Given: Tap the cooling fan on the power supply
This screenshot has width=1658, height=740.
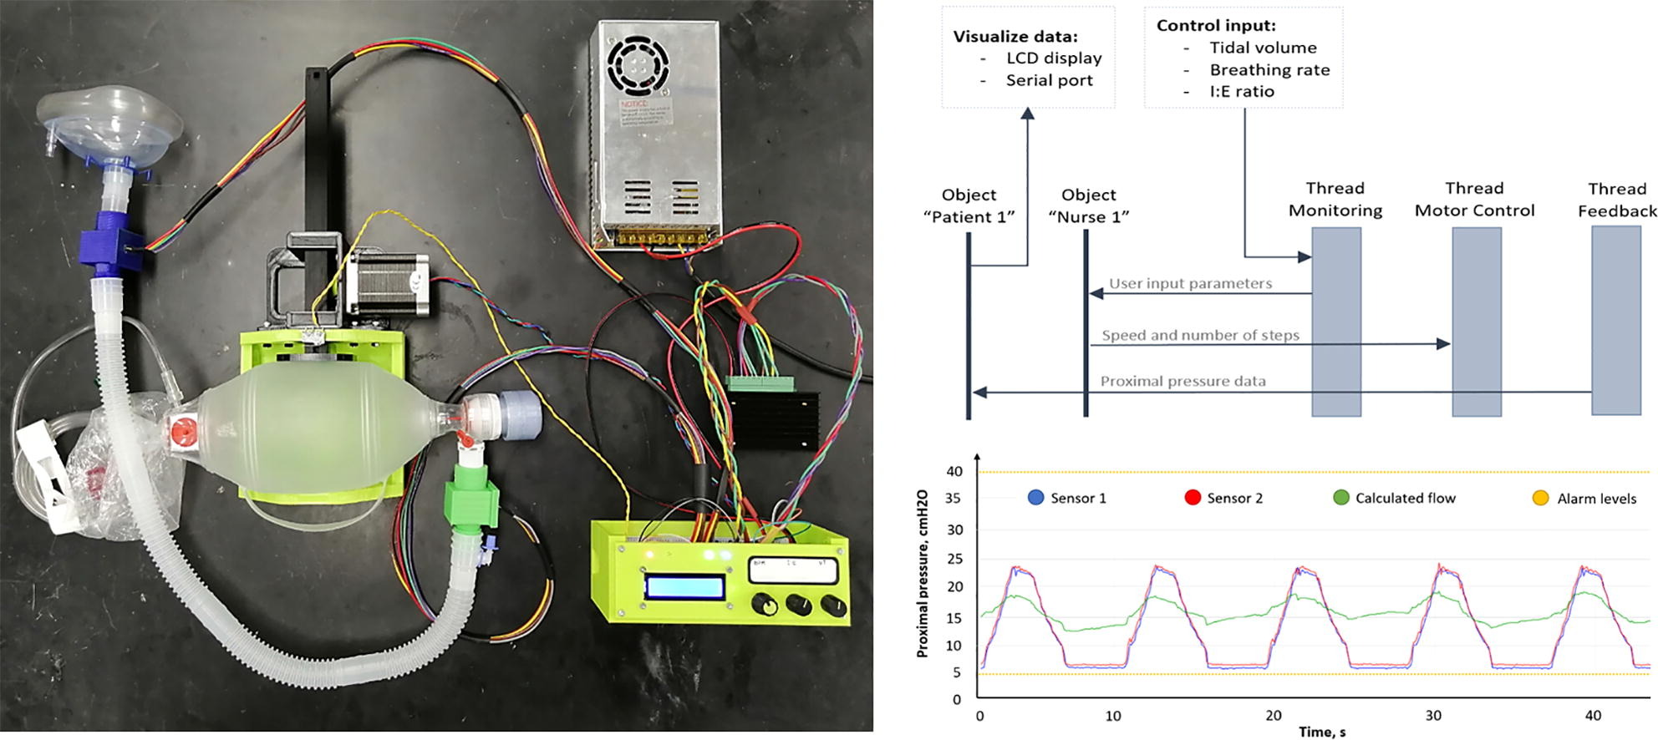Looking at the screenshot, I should (638, 63).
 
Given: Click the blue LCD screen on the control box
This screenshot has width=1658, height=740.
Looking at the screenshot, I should (684, 587).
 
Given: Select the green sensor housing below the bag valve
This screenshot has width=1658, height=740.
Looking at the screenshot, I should (472, 501).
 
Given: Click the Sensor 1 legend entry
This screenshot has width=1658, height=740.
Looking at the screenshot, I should (1067, 499).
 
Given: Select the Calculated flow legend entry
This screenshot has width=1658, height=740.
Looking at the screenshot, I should (1395, 499).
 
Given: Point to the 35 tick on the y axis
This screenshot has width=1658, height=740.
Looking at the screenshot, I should (954, 499).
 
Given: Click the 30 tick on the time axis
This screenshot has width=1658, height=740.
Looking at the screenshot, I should (1433, 716).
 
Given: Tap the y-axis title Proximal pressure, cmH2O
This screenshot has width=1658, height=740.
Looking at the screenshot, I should (923, 574).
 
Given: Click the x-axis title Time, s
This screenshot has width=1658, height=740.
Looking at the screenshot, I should (1321, 732).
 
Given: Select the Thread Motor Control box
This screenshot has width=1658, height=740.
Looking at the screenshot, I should (1476, 322).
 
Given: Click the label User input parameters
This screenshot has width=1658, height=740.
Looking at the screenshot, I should (1190, 284).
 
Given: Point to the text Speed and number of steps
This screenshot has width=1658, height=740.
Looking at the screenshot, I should (1200, 336).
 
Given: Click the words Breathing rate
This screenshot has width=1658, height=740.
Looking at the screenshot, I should (1269, 70).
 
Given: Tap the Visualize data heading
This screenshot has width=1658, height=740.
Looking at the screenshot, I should (1015, 37).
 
